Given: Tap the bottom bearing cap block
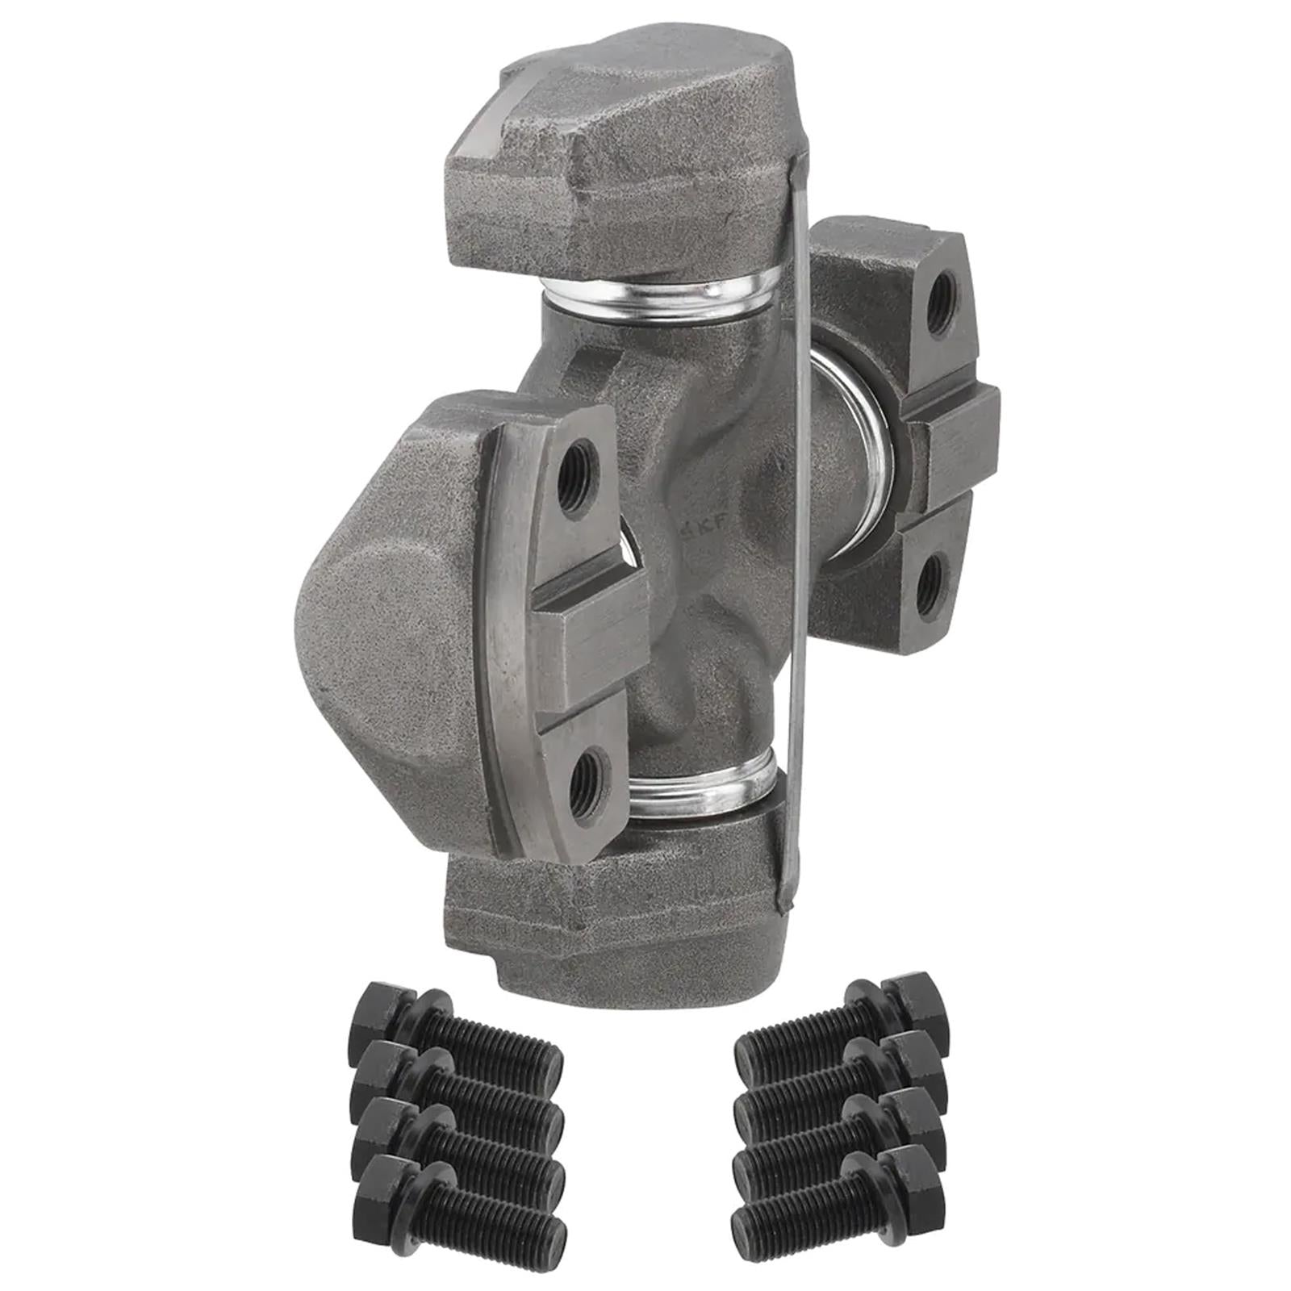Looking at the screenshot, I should pyautogui.click(x=613, y=904).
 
